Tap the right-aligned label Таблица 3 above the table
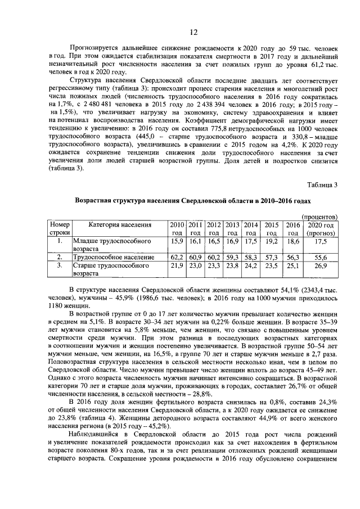point(322,185)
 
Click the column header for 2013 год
point(232,228)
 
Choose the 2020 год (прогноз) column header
point(321,228)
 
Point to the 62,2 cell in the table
point(177,256)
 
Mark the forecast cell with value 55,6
point(321,256)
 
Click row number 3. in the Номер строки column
point(61,265)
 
